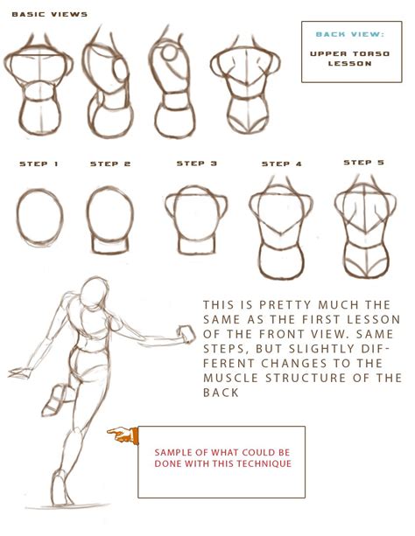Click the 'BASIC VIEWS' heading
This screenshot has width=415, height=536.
(50, 14)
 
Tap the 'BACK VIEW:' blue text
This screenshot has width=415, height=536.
(350, 34)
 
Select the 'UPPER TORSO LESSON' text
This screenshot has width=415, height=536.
(350, 59)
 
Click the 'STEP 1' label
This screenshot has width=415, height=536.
(39, 164)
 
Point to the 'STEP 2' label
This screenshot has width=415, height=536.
(110, 164)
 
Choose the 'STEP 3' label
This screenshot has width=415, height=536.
(197, 164)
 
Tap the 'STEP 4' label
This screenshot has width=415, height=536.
(282, 164)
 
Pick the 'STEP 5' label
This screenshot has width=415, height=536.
(364, 163)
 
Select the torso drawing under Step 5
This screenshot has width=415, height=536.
(365, 227)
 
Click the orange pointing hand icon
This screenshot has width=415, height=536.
(123, 435)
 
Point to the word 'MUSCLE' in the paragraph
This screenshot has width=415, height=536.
(231, 378)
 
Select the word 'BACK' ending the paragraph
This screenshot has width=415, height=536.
(221, 393)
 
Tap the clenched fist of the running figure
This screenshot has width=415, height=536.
(186, 334)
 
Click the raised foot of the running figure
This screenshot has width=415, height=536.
(55, 400)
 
